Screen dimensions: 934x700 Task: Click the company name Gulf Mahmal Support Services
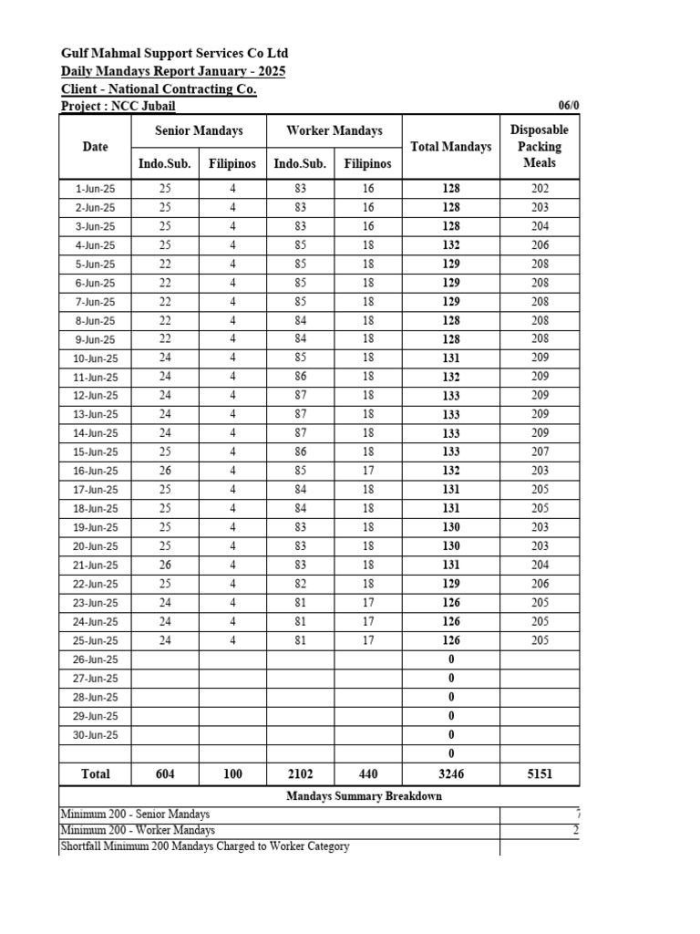174,54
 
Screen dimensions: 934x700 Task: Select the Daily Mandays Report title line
172,71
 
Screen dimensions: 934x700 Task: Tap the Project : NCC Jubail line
118,106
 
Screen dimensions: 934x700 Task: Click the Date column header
95,146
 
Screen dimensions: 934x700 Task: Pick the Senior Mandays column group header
199,130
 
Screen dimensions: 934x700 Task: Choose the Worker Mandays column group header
334,130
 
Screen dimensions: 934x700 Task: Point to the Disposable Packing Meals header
540,146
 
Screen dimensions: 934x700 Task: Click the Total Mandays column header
451,146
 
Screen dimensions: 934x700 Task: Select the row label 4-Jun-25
96,245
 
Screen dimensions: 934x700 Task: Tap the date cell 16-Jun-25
96,471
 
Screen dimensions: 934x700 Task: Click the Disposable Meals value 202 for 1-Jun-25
540,189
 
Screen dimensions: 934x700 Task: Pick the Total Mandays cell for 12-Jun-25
451,396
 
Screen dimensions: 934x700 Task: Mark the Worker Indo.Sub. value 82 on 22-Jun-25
300,584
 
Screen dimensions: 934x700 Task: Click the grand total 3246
451,773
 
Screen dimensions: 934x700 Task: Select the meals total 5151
540,773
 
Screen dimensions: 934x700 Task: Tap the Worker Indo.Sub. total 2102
300,773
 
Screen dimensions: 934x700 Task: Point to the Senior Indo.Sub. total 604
165,773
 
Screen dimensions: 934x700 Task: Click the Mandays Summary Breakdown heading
364,796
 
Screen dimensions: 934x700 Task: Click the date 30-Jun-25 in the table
96,734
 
